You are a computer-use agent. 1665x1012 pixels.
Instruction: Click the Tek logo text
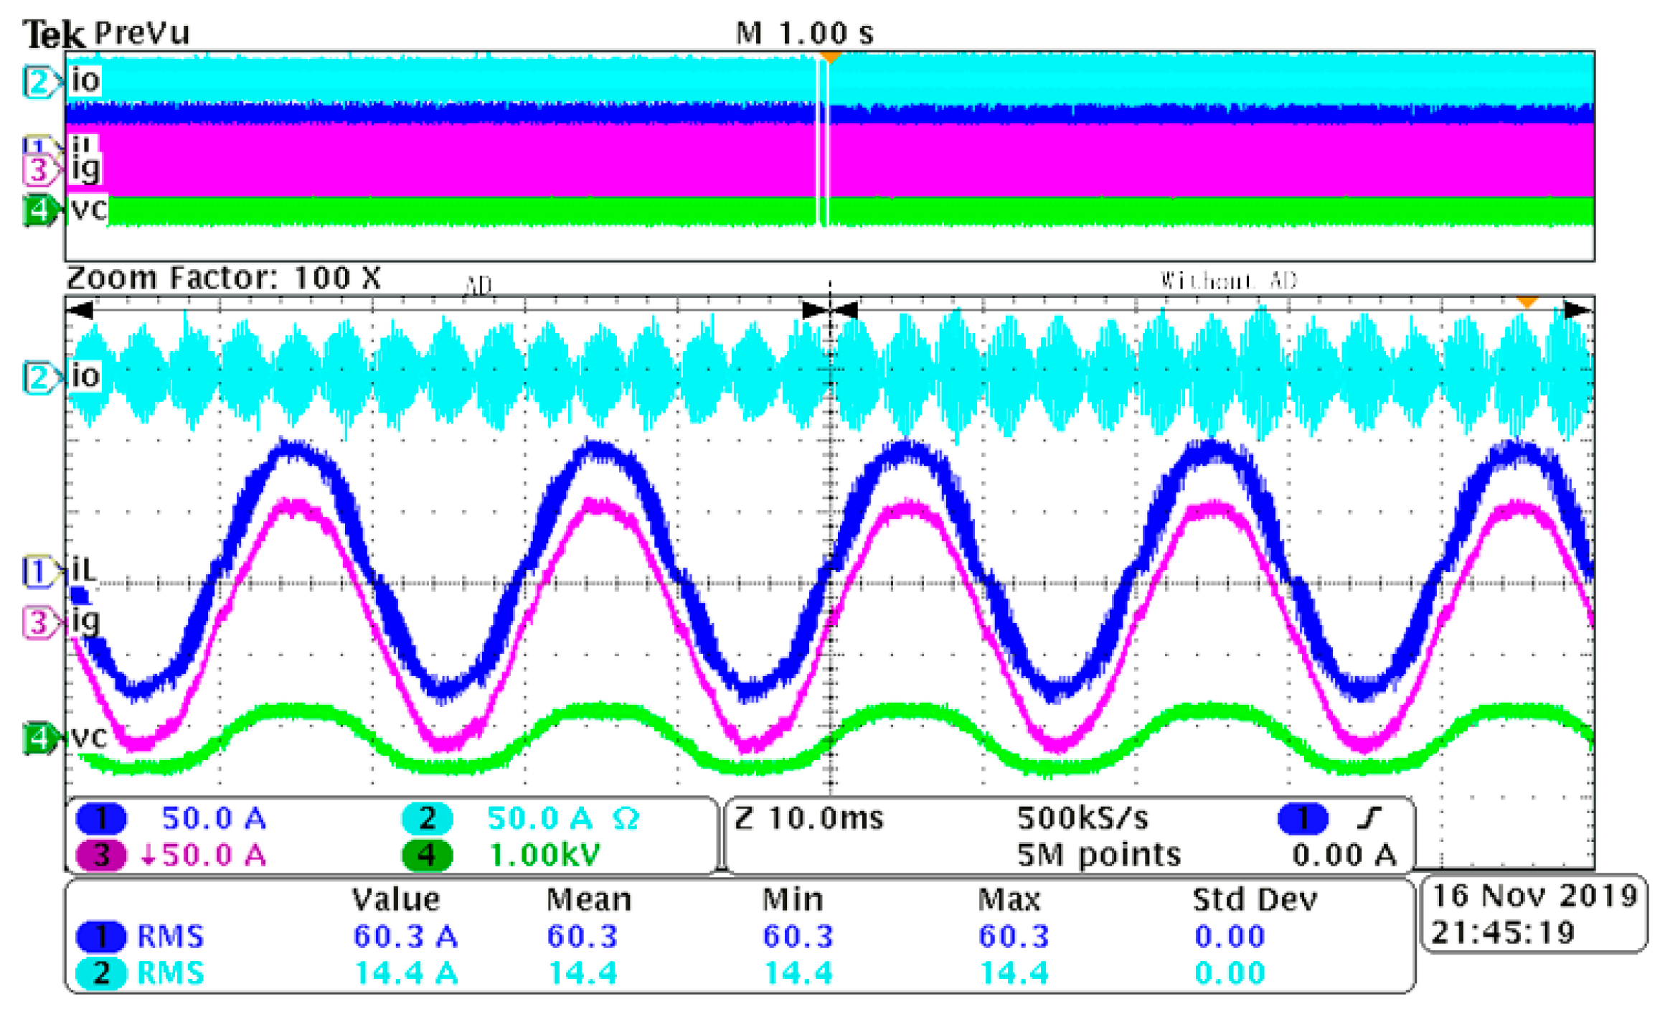tap(53, 34)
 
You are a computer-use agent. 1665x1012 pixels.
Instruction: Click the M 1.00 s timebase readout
tap(804, 33)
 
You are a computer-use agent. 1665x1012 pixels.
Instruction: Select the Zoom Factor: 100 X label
tap(223, 278)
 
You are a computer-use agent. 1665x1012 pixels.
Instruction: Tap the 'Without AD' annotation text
tap(1228, 281)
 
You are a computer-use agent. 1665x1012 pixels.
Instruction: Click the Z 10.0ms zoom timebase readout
tap(809, 818)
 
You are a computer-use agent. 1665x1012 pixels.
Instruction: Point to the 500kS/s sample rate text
tap(1083, 818)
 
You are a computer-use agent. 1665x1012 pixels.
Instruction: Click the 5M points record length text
tap(1098, 855)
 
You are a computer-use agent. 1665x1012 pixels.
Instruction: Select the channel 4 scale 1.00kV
tap(544, 855)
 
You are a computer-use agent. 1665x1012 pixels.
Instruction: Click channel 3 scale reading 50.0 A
tap(213, 855)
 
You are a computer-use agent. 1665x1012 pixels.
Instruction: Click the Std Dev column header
tap(1255, 900)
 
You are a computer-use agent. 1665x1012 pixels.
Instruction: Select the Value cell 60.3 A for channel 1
tap(405, 937)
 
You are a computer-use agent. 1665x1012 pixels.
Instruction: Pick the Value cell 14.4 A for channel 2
tap(405, 974)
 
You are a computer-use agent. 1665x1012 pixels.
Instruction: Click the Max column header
tap(1009, 900)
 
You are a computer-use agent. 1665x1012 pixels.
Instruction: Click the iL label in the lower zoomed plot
tap(83, 570)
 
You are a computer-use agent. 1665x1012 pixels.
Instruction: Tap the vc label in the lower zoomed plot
tap(90, 737)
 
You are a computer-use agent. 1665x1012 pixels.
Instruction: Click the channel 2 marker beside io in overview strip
tap(38, 82)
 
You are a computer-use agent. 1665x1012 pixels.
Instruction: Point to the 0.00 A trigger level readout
tap(1344, 855)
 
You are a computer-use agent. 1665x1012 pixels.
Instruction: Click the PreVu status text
tap(142, 33)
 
